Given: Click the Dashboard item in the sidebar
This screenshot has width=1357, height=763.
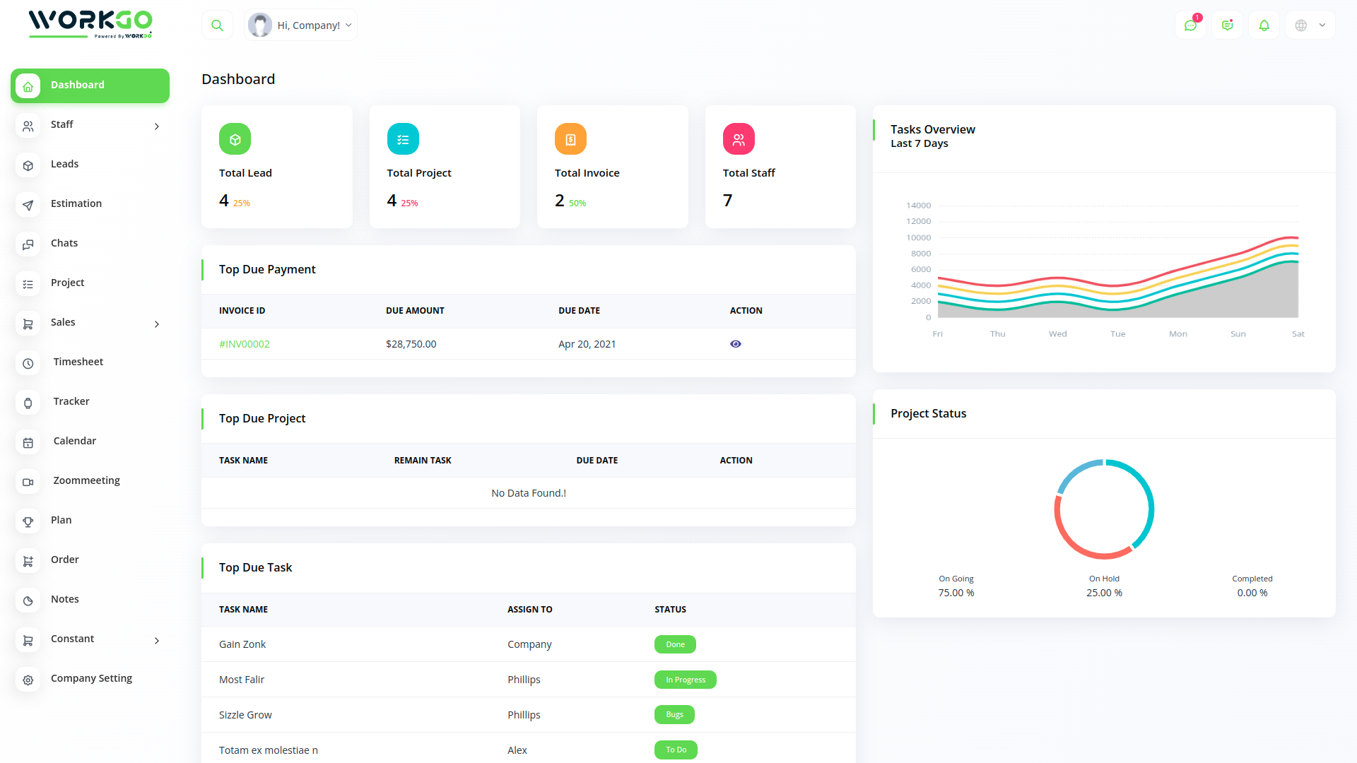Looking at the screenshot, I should [x=90, y=85].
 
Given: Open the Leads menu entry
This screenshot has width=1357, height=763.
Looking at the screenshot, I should [x=64, y=164].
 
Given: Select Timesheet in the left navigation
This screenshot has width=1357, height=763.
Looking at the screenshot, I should [x=78, y=362].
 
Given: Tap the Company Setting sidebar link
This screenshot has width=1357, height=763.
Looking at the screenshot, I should [x=91, y=678].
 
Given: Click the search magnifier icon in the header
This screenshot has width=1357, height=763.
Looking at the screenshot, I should [x=217, y=25].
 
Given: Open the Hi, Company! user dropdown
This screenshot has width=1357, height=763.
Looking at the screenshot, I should [x=301, y=25].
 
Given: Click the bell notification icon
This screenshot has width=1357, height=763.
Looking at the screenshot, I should [x=1264, y=25].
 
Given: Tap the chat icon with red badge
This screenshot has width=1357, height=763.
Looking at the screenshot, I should [x=1190, y=25].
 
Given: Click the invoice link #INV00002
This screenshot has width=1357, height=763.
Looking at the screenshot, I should [x=244, y=344].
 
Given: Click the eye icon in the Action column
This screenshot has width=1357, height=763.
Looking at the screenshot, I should [x=735, y=344].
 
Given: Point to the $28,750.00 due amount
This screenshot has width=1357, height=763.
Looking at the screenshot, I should [x=411, y=344].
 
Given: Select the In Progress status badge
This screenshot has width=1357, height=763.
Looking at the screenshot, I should [x=685, y=680].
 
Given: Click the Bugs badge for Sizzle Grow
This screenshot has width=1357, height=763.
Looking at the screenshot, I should [x=674, y=715].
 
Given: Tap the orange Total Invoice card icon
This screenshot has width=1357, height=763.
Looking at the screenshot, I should [x=570, y=139].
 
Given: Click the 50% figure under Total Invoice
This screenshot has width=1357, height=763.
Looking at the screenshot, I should [x=577, y=203].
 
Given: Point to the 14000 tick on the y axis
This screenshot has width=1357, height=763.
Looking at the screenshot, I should [x=918, y=206].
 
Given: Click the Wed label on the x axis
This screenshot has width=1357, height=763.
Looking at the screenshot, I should [x=1057, y=334].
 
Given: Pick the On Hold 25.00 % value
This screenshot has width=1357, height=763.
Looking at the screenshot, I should [x=1104, y=593].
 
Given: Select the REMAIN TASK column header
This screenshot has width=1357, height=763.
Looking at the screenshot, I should [x=422, y=461].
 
